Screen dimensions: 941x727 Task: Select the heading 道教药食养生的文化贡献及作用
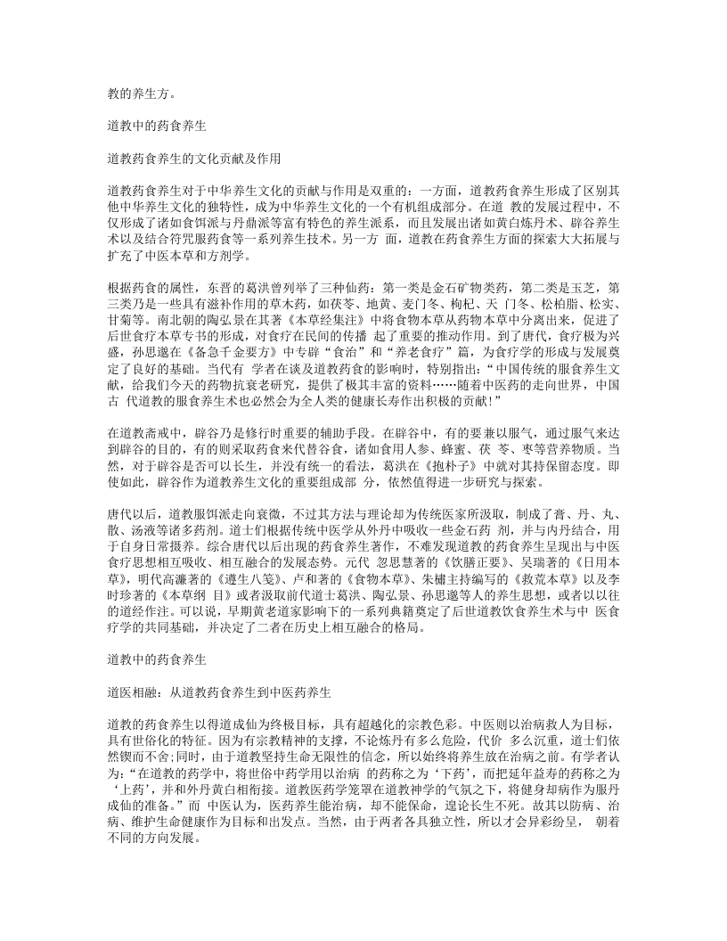pyautogui.click(x=194, y=160)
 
